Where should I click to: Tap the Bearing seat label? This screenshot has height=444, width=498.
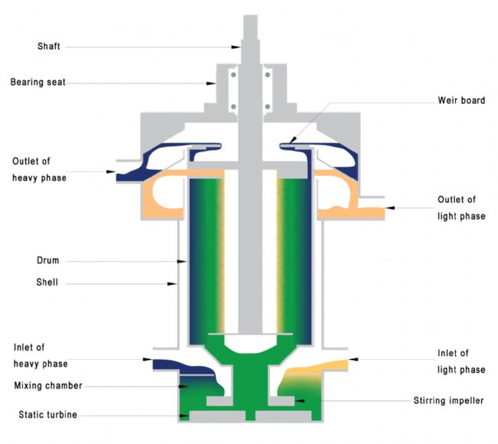click(x=38, y=82)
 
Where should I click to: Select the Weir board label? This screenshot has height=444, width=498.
click(x=460, y=100)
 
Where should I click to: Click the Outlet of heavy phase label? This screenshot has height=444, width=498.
click(x=39, y=169)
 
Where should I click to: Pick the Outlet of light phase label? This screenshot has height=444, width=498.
click(x=461, y=208)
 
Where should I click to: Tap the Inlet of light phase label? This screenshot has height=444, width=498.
click(x=460, y=361)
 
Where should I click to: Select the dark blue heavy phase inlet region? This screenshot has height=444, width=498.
click(x=172, y=364)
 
